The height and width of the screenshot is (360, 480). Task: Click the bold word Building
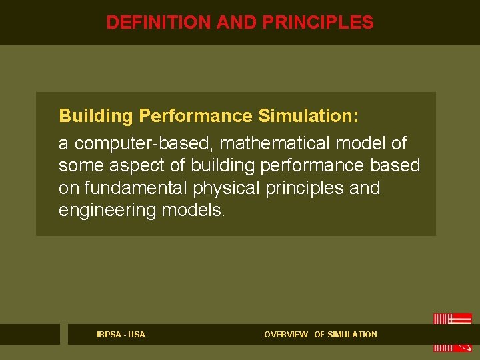(x=96, y=117)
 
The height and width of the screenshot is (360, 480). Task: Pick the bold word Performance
(x=195, y=117)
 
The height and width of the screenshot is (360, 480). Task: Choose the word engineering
(x=107, y=211)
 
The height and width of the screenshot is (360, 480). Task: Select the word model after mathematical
(x=362, y=143)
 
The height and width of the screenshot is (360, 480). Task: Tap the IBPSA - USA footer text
(x=121, y=335)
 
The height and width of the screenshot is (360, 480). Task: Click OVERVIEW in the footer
(x=286, y=335)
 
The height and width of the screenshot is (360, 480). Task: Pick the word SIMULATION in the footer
(x=352, y=335)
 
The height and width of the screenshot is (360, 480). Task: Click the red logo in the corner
(x=453, y=332)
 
